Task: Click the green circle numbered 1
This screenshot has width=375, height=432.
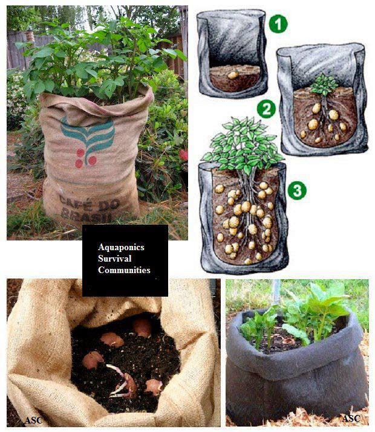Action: click(278, 24)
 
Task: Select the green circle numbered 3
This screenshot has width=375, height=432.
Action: click(296, 190)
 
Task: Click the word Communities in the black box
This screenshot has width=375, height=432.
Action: click(124, 270)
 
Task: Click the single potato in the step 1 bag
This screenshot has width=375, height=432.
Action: click(232, 76)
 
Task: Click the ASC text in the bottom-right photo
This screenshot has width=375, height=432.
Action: click(351, 418)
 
